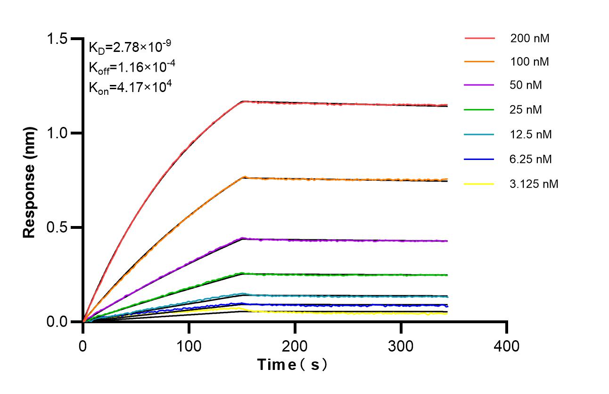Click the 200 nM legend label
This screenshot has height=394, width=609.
[x=529, y=38]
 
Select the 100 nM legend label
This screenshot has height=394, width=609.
[x=529, y=61]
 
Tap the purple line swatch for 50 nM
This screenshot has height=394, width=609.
[x=479, y=85]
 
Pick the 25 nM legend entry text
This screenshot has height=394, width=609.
[x=526, y=110]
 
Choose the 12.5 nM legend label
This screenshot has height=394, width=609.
[x=531, y=134]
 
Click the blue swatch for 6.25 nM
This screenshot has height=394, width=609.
[x=479, y=159]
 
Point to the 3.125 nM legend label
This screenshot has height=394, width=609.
[x=534, y=184]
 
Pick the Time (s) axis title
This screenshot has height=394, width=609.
[x=292, y=365]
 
